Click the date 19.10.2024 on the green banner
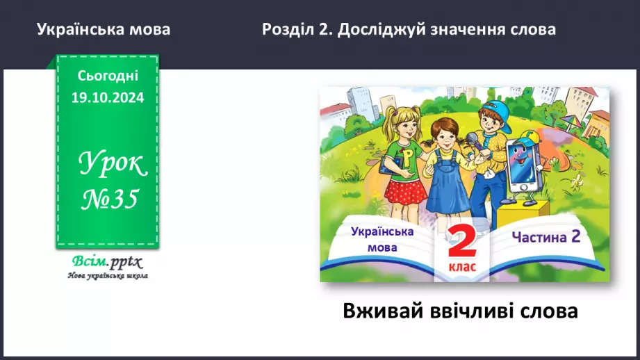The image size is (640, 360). pos(107,98)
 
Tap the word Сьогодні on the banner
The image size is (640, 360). pos(107,76)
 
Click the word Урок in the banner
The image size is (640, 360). pos(112,164)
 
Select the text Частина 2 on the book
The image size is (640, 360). pos(545,236)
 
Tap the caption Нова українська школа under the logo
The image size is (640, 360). pos(108,275)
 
